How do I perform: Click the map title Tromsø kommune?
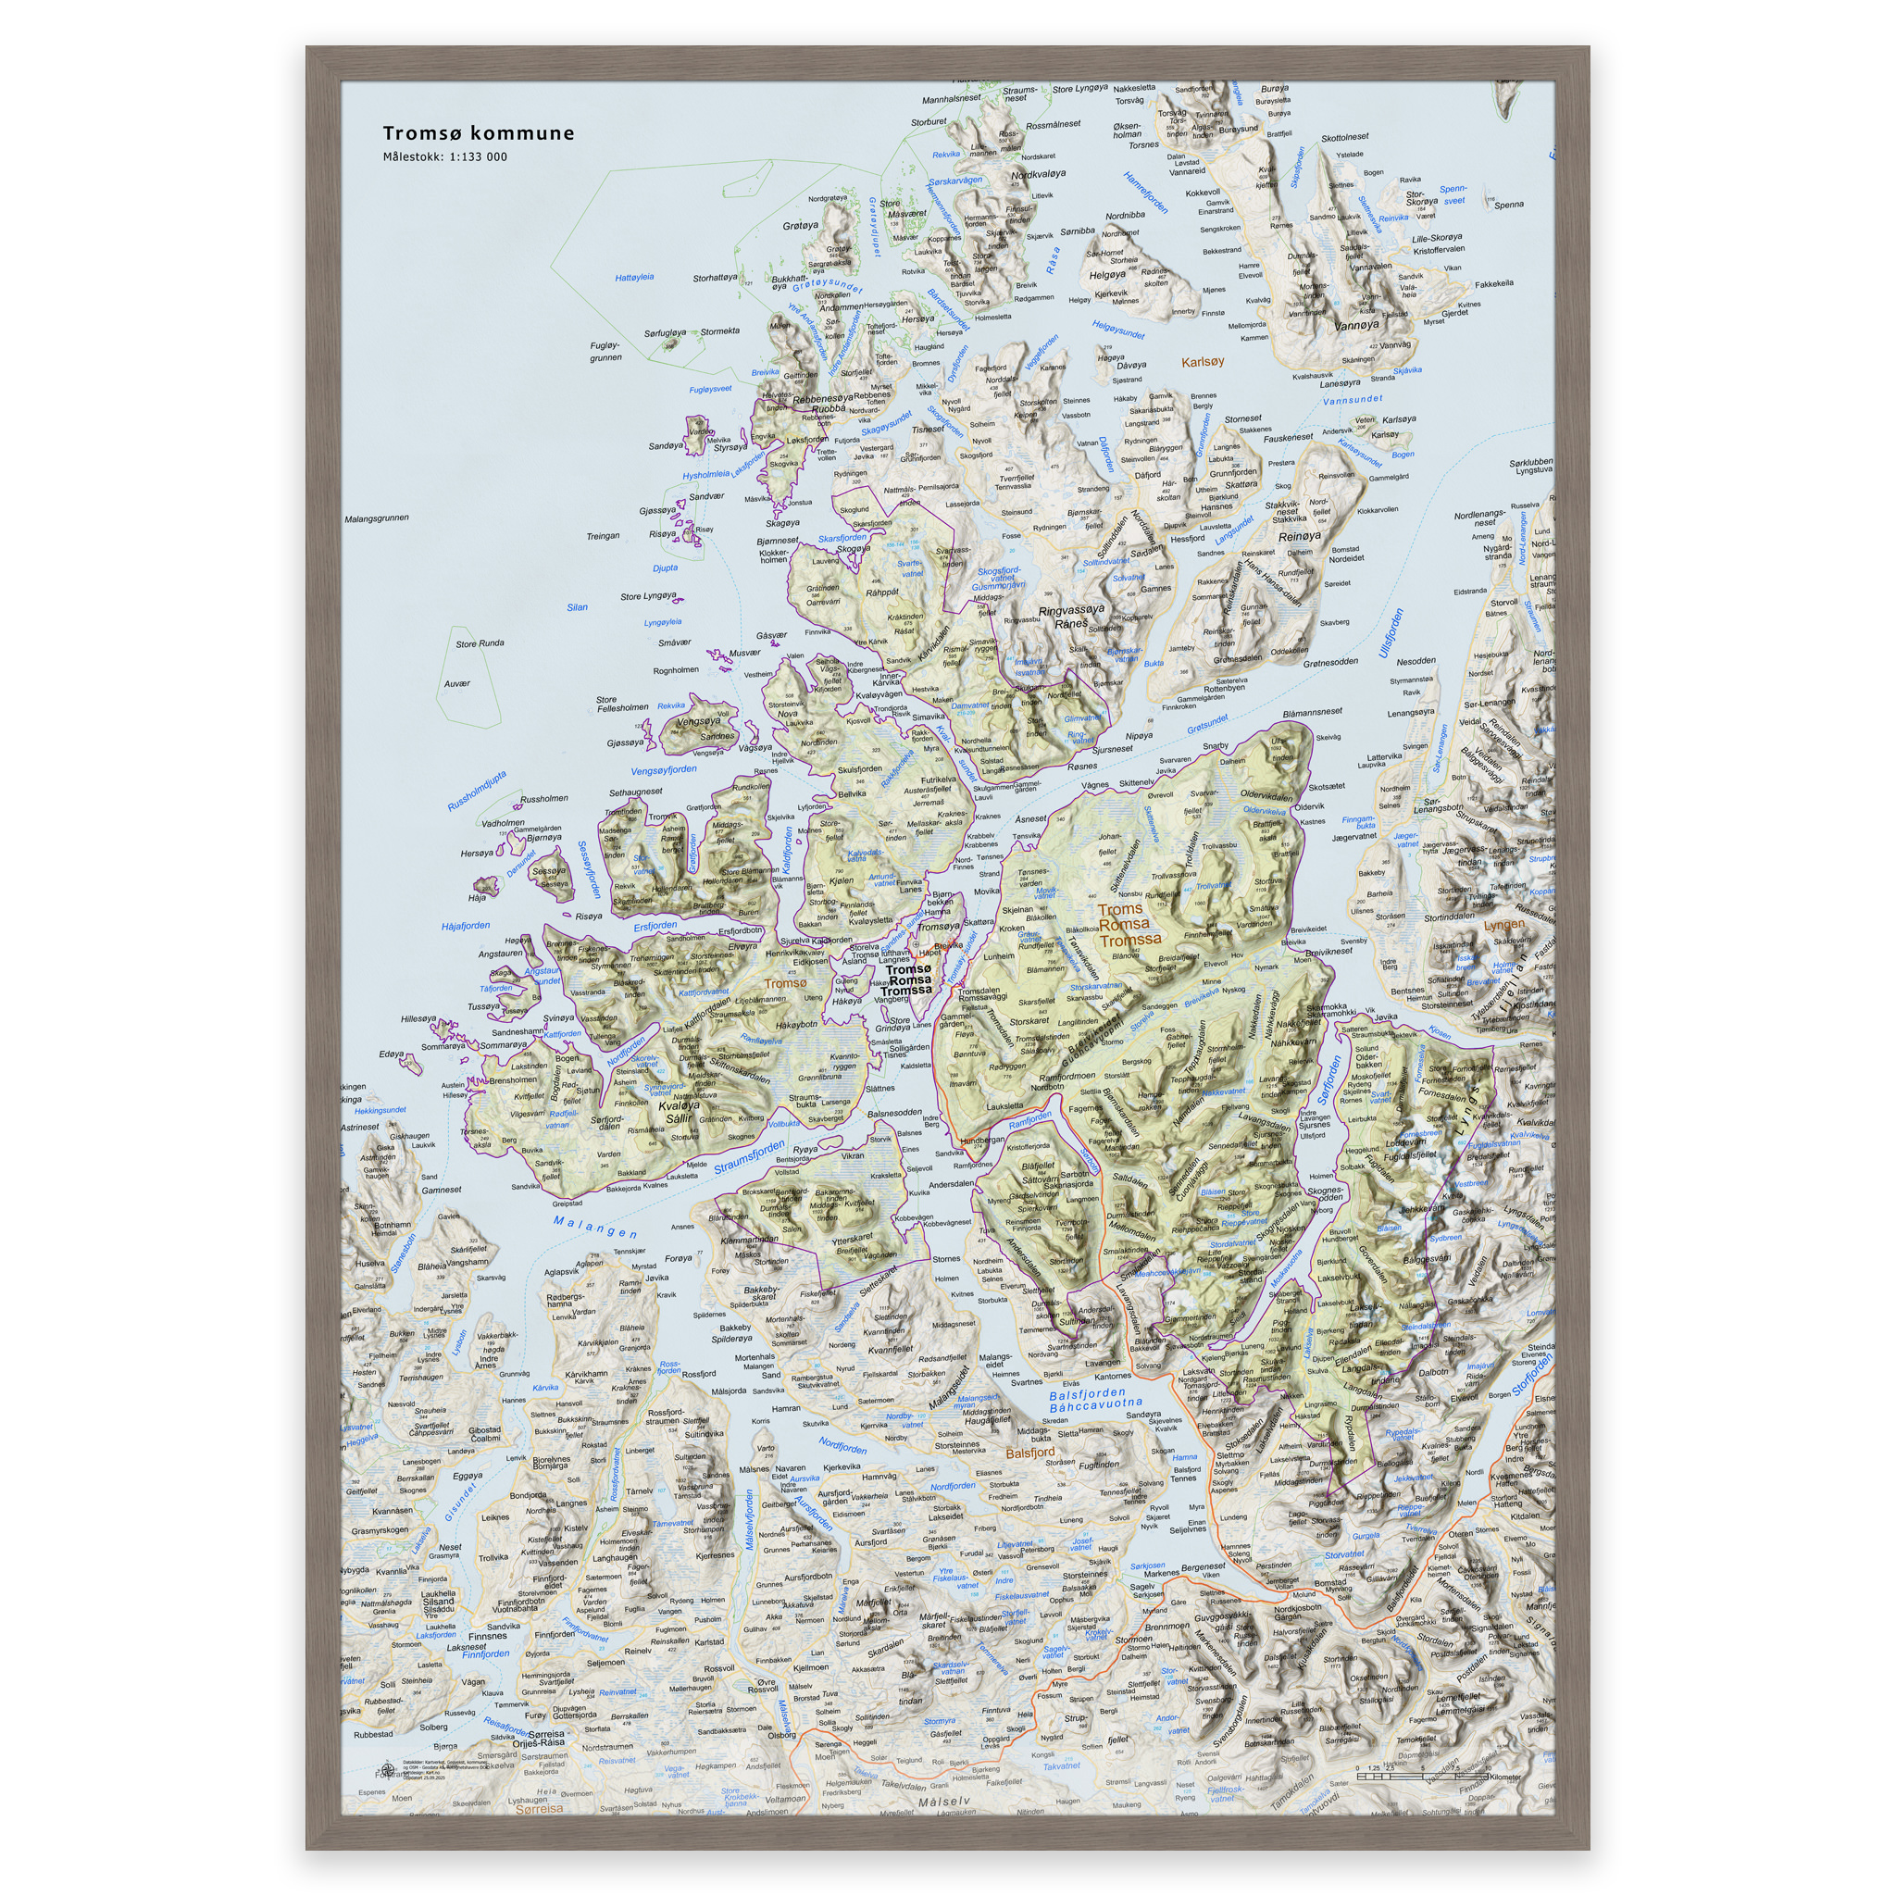tap(478, 133)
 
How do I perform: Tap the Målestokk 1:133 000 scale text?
tap(444, 157)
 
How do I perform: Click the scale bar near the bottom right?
tap(1413, 1777)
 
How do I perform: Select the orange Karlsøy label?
tap(1203, 362)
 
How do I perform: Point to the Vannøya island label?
tap(1356, 325)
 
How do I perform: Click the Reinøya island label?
tap(1299, 537)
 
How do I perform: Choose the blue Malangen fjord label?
tap(594, 1227)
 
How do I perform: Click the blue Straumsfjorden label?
tap(749, 1157)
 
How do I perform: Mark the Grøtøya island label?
tap(800, 226)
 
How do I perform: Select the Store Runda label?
tap(480, 643)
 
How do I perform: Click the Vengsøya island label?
tap(698, 721)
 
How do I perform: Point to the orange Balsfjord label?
tap(1030, 1453)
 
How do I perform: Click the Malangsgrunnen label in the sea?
tap(377, 518)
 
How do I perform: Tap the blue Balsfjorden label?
tap(1088, 1393)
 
